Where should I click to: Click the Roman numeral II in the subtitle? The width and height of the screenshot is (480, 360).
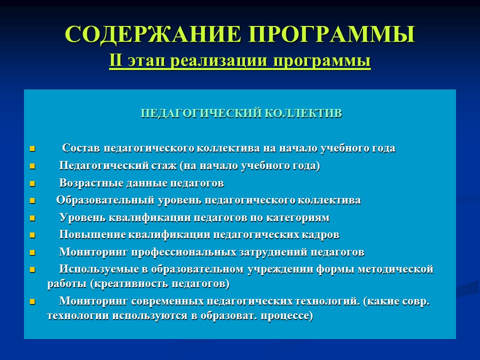click(x=115, y=61)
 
